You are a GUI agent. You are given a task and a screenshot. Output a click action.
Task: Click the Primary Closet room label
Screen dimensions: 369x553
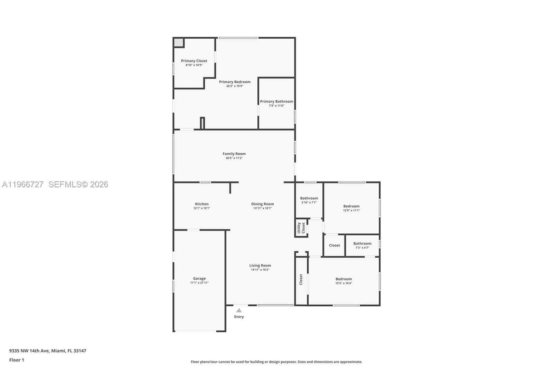pos(194,61)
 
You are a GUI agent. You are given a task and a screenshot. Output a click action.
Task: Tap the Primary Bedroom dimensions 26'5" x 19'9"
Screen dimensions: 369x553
pos(235,86)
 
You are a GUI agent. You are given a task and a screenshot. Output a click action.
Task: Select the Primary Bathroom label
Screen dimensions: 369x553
pos(276,101)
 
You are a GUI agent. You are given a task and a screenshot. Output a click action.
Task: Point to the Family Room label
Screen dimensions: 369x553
pos(234,154)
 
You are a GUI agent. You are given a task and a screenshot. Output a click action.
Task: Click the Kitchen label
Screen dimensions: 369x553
pos(201,204)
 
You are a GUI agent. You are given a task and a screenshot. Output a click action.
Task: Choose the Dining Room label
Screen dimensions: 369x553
pos(262,204)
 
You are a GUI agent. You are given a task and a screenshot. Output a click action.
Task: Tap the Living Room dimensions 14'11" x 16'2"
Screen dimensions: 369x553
pos(260,270)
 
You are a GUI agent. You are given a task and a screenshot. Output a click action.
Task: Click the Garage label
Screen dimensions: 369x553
pos(199,278)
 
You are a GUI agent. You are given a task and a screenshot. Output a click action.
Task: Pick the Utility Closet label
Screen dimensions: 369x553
pos(301,228)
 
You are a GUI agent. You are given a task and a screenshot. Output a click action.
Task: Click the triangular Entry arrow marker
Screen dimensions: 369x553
pos(239,310)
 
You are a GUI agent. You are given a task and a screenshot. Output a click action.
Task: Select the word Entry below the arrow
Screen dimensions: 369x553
pos(239,317)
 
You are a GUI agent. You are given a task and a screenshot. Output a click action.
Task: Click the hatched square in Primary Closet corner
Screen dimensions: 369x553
pos(178,43)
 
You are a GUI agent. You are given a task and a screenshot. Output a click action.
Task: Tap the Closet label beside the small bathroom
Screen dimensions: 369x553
pos(334,245)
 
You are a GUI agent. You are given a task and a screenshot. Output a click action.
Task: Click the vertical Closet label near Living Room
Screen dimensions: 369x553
pos(301,279)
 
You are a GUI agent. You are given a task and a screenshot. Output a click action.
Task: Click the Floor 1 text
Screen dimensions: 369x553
pos(17,360)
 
